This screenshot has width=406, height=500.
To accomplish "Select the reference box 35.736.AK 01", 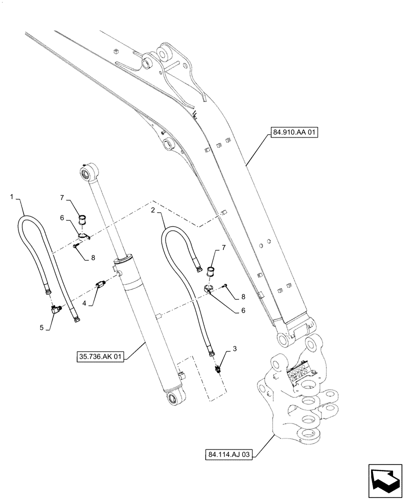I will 100,357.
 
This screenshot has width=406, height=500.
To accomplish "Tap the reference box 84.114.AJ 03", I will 230,454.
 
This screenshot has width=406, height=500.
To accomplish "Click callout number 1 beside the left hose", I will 11,197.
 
